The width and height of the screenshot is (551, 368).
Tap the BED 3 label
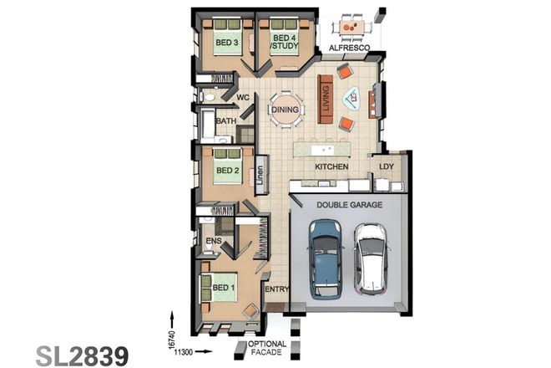(x=226, y=43)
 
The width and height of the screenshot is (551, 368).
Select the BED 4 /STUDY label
(x=285, y=43)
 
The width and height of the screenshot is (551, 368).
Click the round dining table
(x=285, y=110)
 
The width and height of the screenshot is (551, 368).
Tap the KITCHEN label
(x=331, y=167)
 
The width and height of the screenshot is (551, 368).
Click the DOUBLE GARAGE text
(x=350, y=203)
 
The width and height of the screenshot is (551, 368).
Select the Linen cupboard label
(x=260, y=175)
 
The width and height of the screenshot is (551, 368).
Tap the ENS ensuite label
(x=213, y=241)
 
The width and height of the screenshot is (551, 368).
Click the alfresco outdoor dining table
(x=353, y=27)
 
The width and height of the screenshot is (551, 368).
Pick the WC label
(x=244, y=98)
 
